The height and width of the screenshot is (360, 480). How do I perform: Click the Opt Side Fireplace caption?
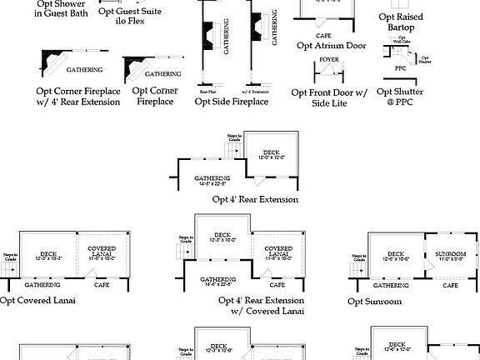(232, 102)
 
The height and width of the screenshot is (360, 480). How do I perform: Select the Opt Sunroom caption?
(375, 302)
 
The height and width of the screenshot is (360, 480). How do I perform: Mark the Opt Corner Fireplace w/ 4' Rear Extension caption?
(77, 96)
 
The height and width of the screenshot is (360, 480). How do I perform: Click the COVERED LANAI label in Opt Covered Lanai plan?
(102, 253)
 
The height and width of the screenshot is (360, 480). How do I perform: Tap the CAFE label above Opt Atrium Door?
(323, 37)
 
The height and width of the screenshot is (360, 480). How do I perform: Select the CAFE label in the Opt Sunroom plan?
(450, 285)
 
